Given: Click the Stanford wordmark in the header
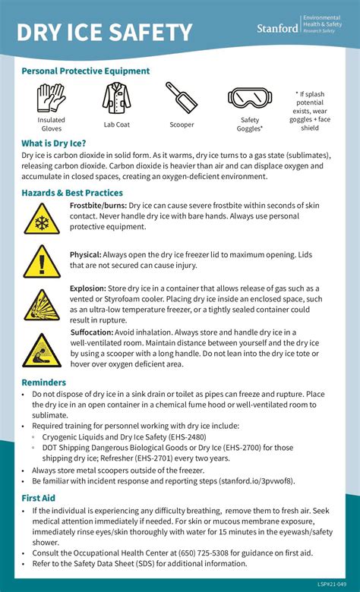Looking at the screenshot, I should click(278, 28).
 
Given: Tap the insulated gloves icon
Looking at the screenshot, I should click(52, 97).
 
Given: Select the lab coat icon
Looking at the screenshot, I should click(117, 98).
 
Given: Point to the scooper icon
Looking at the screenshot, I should click(182, 97).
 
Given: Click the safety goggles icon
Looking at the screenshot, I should click(250, 97).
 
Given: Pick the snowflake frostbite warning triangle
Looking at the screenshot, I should click(42, 218).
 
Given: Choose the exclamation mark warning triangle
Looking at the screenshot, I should click(42, 261).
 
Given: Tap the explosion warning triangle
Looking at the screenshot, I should click(42, 304).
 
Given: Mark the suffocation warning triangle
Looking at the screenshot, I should click(42, 350).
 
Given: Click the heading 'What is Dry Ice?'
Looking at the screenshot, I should click(54, 143).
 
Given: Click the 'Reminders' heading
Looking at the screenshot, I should click(44, 383).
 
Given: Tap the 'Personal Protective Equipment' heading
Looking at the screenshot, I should click(86, 71).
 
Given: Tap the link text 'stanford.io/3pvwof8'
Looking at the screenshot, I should click(255, 481).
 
